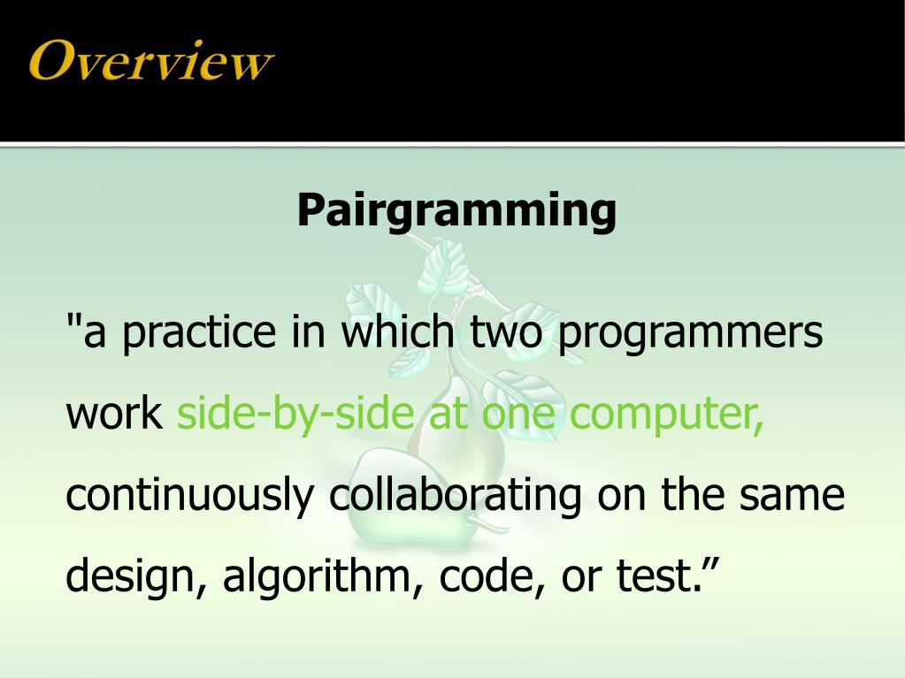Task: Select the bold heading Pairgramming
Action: pyautogui.click(x=456, y=210)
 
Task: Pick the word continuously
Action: pyautogui.click(x=190, y=497)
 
